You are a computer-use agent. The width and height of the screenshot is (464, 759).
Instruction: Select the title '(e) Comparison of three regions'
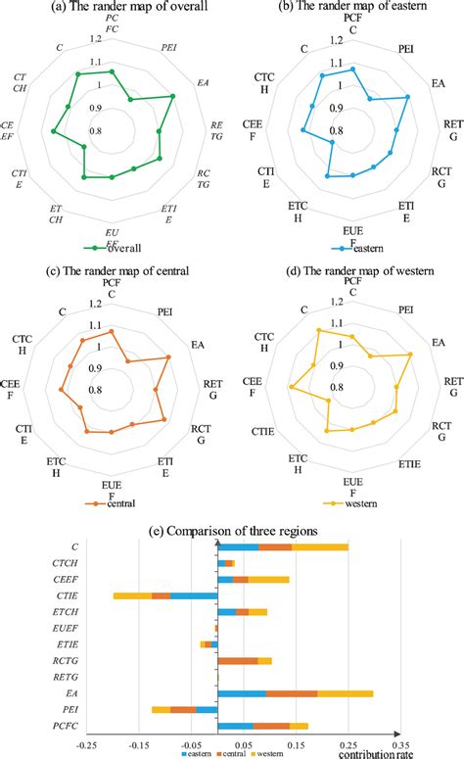coord(232,530)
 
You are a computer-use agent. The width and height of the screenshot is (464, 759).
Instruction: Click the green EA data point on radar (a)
coord(172,96)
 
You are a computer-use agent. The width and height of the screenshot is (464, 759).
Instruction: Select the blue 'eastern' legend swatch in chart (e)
coord(185,754)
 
